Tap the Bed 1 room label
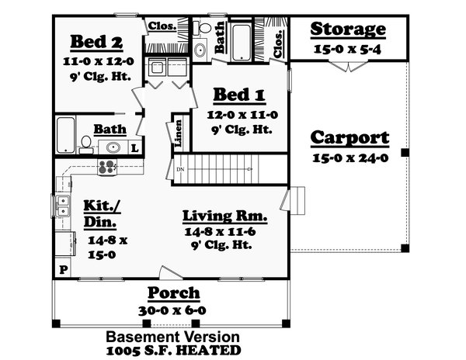point(239,96)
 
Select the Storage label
point(347,29)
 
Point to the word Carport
point(349,138)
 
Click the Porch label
point(174,293)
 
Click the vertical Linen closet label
point(179,131)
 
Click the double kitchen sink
point(62,206)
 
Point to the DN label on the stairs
point(180,168)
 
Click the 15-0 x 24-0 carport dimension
point(349,157)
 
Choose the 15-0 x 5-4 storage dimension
point(347,48)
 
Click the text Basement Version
point(172,337)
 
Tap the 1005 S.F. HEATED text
point(172,351)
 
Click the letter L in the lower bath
point(134,147)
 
